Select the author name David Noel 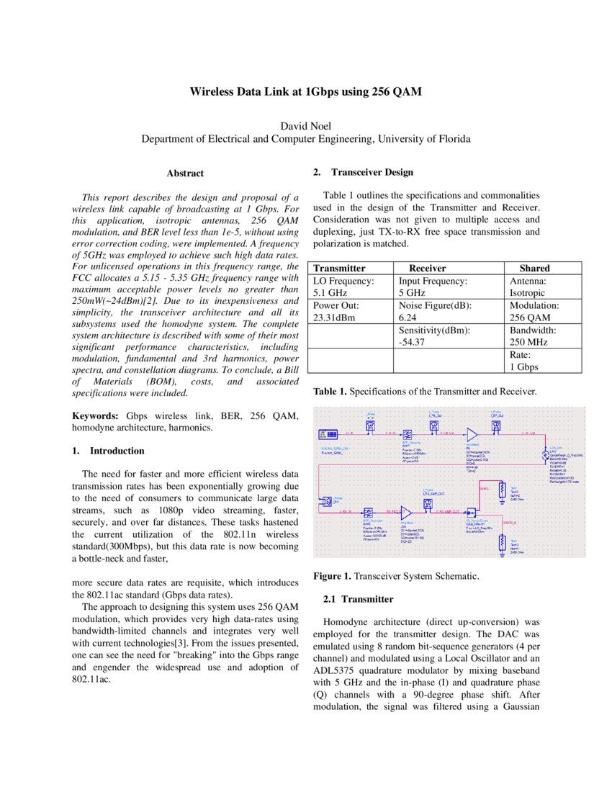pyautogui.click(x=305, y=125)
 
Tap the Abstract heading pyautogui.click(x=185, y=174)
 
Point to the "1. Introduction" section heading pyautogui.click(x=109, y=451)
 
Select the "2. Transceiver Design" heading pyautogui.click(x=363, y=172)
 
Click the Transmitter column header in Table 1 pyautogui.click(x=339, y=268)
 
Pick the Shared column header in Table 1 pyautogui.click(x=534, y=268)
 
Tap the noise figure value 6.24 pyautogui.click(x=409, y=318)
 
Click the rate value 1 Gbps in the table pyautogui.click(x=528, y=366)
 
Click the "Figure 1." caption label pyautogui.click(x=333, y=576)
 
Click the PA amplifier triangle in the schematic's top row pyautogui.click(x=472, y=434)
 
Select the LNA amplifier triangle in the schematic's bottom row pyautogui.click(x=405, y=511)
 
